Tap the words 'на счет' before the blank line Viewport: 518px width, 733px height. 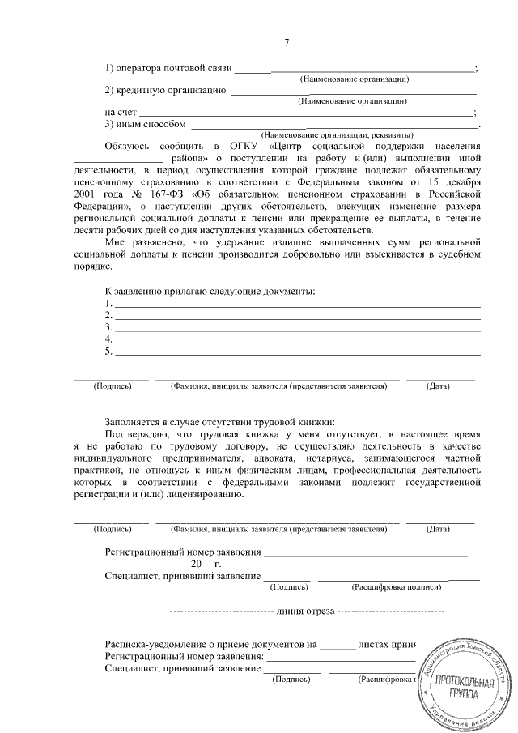(121, 112)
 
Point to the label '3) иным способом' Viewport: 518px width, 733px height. (146, 124)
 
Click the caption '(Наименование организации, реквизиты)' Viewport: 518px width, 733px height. (338, 134)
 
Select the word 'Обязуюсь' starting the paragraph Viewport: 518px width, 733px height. (129, 146)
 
